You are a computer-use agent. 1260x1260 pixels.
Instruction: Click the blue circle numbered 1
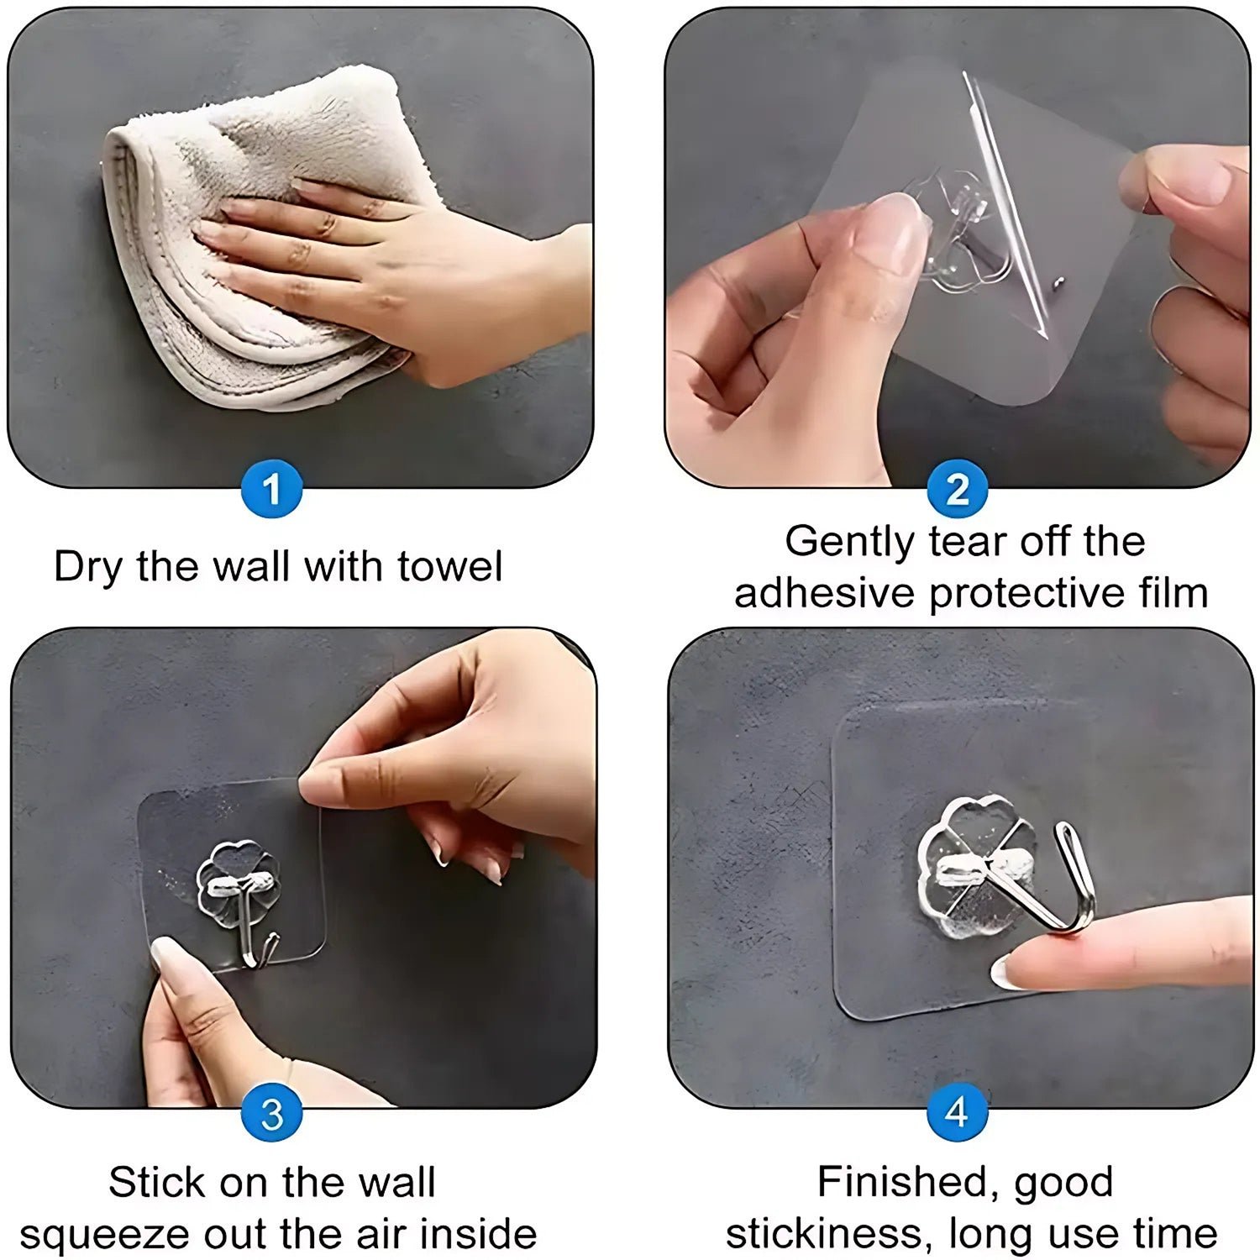[271, 488]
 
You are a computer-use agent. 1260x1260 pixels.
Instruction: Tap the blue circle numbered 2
[957, 488]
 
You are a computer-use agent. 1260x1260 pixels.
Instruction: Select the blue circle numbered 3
[271, 1114]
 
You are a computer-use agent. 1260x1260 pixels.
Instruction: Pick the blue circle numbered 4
[957, 1112]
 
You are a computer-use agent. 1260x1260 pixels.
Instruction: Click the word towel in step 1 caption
[449, 566]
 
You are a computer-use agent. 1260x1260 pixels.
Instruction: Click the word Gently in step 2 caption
[850, 541]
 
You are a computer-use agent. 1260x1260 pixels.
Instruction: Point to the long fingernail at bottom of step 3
[172, 962]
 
